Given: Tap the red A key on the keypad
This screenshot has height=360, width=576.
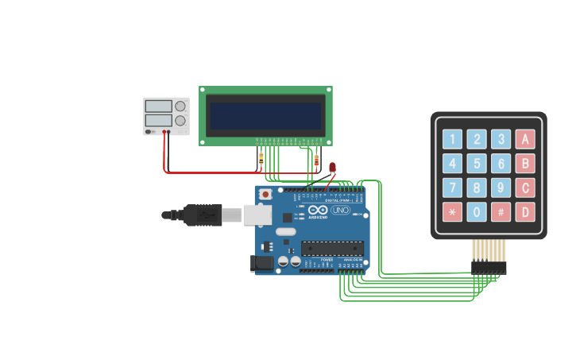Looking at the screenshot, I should click(x=524, y=140).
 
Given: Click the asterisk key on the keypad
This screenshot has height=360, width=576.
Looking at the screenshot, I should click(x=452, y=212).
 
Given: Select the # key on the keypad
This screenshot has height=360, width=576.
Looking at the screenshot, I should click(x=501, y=212).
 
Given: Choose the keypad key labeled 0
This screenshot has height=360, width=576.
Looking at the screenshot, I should click(x=477, y=212).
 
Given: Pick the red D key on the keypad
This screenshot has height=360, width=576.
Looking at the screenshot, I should click(x=524, y=212).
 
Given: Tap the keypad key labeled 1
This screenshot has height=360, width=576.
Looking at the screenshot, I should click(x=452, y=140).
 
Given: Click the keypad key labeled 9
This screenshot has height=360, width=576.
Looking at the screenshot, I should click(x=501, y=188).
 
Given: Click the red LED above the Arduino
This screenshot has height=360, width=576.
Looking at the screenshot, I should click(x=332, y=167).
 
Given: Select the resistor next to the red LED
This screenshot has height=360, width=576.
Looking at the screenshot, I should click(x=317, y=162).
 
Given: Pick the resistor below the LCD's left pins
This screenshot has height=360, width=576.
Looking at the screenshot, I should click(x=261, y=159).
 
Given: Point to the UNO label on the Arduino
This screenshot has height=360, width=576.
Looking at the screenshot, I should click(x=340, y=211).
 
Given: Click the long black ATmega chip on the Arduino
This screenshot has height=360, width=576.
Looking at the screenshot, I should click(x=332, y=248).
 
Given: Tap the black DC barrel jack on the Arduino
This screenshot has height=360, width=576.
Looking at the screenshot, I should click(x=261, y=263).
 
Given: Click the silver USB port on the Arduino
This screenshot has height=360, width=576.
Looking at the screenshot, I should click(x=257, y=214).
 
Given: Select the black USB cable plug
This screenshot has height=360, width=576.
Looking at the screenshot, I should click(x=203, y=215).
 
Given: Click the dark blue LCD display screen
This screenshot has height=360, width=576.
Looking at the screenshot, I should click(x=265, y=115).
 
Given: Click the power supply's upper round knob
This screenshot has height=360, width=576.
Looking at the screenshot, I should click(x=180, y=106).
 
